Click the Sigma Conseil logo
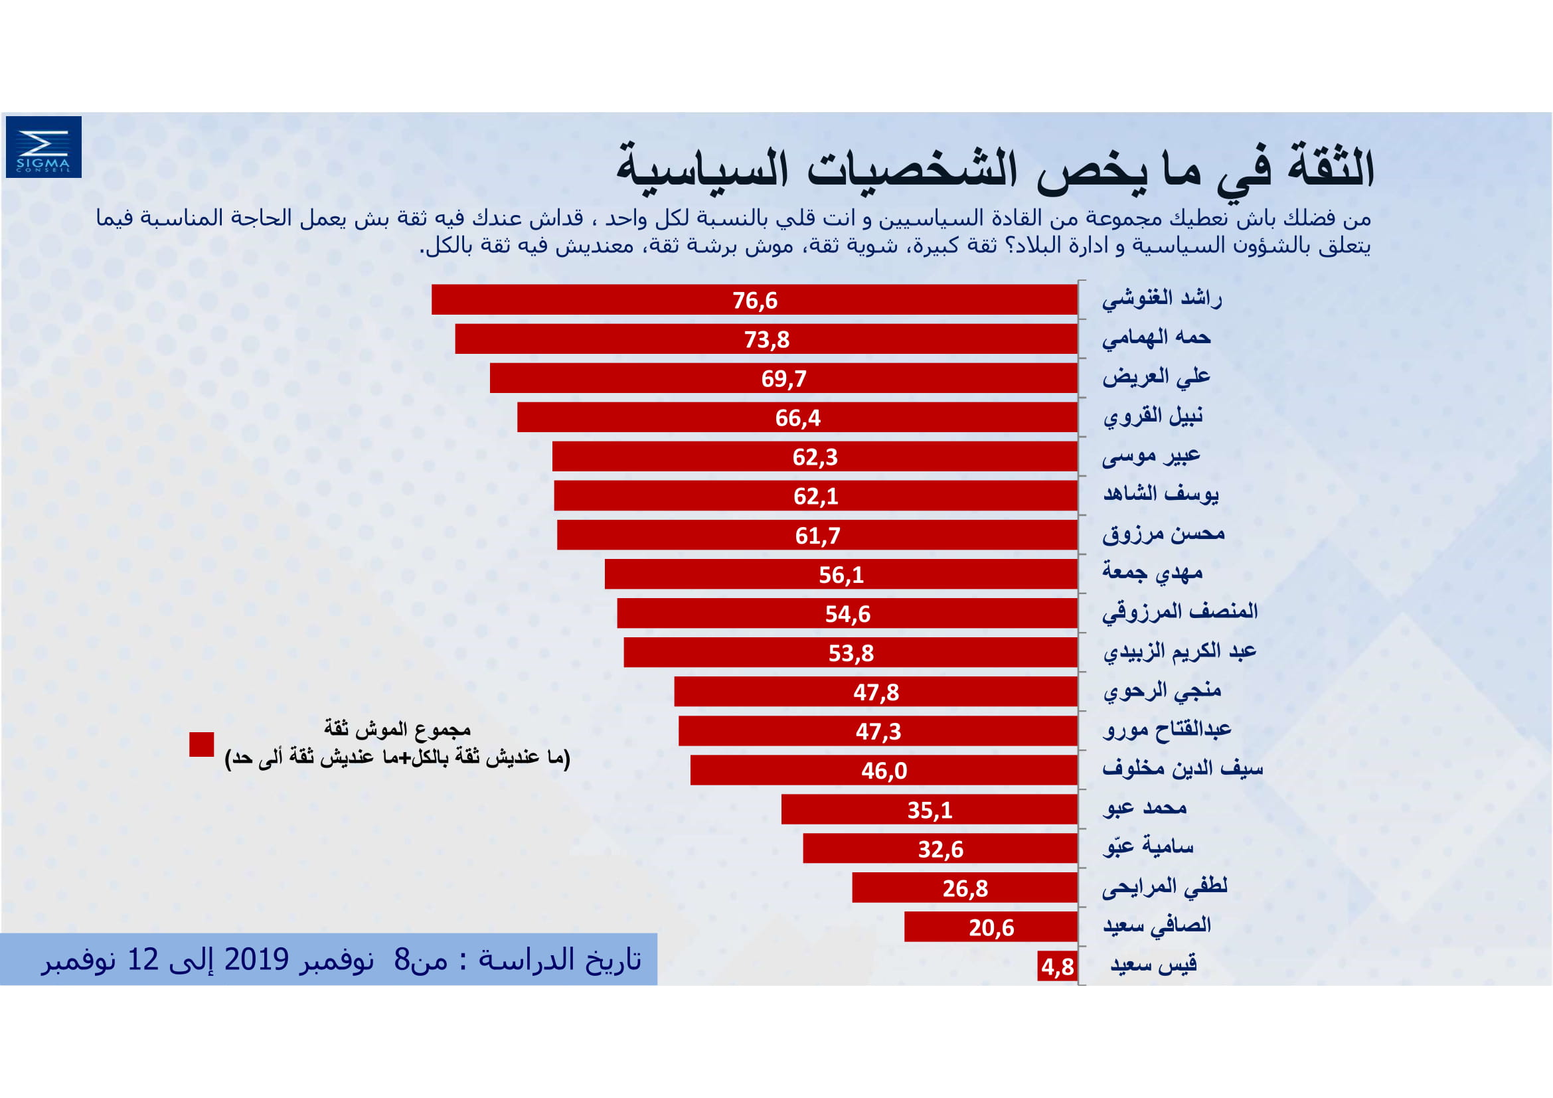[x=43, y=147]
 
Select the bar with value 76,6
[x=754, y=299]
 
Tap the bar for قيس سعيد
[x=1057, y=966]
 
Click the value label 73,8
[x=766, y=339]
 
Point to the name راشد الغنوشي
[x=1161, y=298]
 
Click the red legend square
[x=202, y=744]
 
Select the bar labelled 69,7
[x=783, y=378]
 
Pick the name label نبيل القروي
[x=1153, y=416]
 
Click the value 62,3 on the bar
[x=815, y=457]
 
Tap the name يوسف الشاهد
[x=1161, y=495]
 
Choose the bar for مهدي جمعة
[x=841, y=574]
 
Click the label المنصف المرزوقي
[x=1180, y=612]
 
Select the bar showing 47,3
[x=878, y=731]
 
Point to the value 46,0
[x=884, y=771]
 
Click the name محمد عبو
[x=1145, y=808]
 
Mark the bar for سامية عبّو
[x=940, y=848]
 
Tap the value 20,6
[x=991, y=927]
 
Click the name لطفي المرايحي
[x=1165, y=886]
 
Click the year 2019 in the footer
[x=256, y=959]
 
